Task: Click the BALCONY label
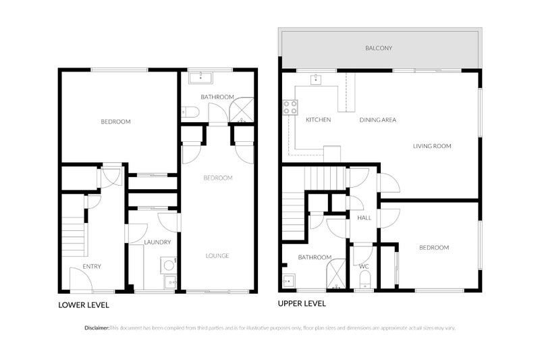coord(379,49)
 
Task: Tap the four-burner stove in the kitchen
coord(290,106)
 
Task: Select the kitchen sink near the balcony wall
coord(315,80)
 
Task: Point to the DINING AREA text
coord(377,120)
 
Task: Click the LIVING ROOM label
coord(432,146)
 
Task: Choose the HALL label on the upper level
coord(364,217)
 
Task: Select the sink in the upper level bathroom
coord(288,280)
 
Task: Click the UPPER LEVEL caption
coord(302,304)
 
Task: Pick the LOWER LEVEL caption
coord(84,305)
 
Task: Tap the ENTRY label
coord(92,267)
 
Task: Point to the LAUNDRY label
coord(157,242)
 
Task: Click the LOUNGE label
coord(217,256)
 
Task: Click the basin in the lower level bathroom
coord(199,78)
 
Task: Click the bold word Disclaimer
coord(97,328)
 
